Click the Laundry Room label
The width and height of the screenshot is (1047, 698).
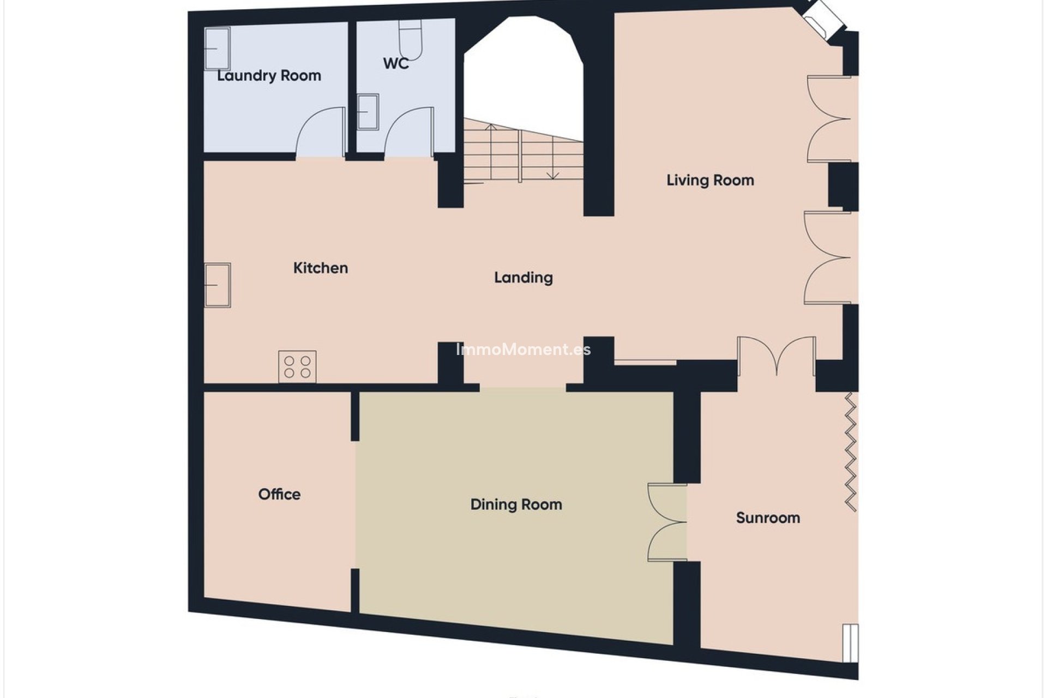(x=269, y=75)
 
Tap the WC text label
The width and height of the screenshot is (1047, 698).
(x=396, y=63)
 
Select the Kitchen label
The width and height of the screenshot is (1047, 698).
(x=321, y=268)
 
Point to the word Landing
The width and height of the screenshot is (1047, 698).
(x=523, y=278)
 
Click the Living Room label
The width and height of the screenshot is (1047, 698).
(x=710, y=180)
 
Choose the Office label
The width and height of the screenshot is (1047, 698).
(x=279, y=494)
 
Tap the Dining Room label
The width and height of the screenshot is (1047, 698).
(x=516, y=504)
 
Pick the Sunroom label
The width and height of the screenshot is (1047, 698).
(x=768, y=518)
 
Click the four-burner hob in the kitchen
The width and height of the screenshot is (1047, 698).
(x=297, y=366)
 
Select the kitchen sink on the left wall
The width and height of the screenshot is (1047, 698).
(x=218, y=285)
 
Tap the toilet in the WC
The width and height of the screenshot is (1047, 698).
(x=411, y=39)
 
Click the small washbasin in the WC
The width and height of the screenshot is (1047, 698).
(x=368, y=111)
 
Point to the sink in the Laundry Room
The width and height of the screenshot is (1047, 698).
(x=217, y=48)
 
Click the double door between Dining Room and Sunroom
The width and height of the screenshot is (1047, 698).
(x=666, y=522)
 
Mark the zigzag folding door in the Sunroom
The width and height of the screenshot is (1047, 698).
(x=851, y=452)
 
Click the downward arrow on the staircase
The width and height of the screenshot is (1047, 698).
(x=553, y=174)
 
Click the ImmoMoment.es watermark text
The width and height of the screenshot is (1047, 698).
(x=523, y=350)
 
